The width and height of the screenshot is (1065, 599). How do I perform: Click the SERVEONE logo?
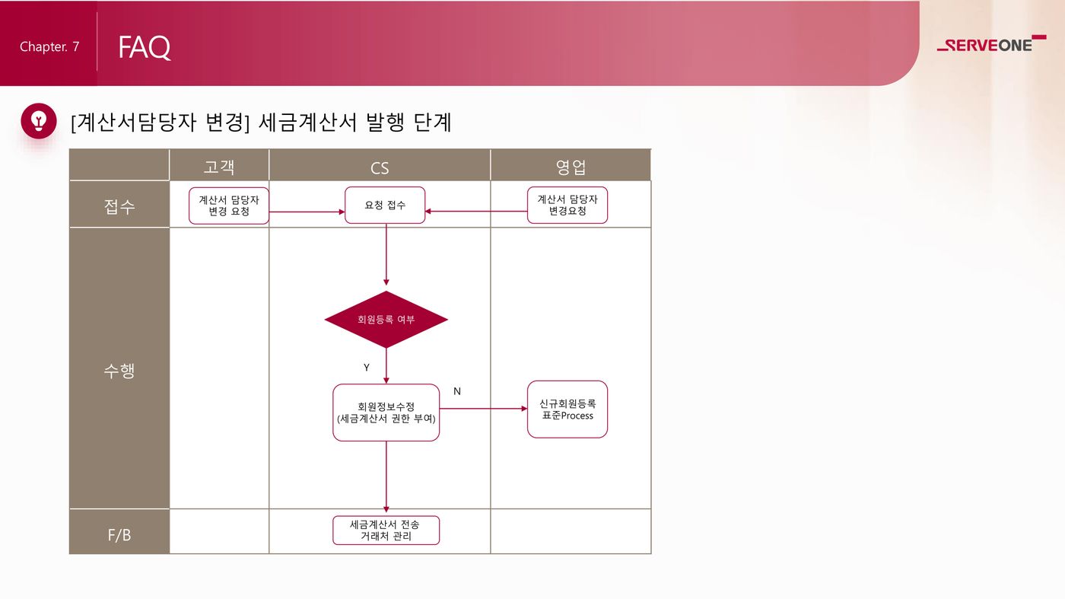point(991,44)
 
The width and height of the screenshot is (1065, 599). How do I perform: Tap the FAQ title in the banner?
point(144,47)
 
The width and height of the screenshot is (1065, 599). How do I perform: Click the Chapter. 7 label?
point(49,46)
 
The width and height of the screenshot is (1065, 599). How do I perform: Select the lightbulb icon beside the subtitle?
point(39,121)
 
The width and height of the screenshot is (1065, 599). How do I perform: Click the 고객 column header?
point(219,167)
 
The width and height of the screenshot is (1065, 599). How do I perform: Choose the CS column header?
point(380,168)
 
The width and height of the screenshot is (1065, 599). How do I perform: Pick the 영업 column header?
point(571,167)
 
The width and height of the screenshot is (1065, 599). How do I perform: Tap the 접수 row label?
point(119,206)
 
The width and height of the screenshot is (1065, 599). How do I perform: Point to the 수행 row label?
point(119,370)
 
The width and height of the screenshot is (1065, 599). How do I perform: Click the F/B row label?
point(119,535)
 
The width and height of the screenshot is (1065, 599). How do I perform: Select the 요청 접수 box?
point(385,205)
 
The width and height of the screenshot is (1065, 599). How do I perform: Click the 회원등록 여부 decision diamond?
point(386,319)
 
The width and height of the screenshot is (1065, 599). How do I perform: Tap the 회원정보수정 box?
point(386,413)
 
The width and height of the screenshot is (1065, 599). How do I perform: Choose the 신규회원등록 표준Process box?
point(567,409)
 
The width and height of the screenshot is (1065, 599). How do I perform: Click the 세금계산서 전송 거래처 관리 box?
point(386,530)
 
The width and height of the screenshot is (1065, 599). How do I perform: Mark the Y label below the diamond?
point(367,368)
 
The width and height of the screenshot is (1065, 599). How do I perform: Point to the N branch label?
point(457,391)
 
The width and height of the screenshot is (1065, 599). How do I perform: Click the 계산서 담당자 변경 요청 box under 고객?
point(229,206)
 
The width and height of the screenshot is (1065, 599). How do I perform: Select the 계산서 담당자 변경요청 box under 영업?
point(567,205)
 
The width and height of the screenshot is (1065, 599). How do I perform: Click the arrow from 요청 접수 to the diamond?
point(386,254)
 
